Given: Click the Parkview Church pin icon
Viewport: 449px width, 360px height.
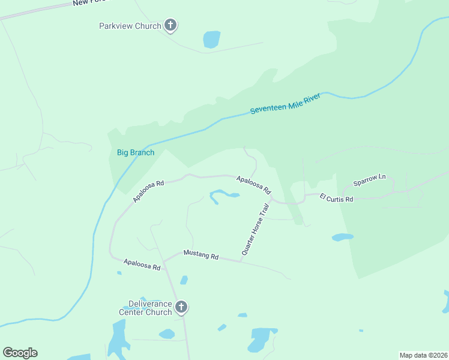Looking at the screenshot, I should click(170, 26).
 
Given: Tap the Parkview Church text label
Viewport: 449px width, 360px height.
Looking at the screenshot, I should click(130, 26).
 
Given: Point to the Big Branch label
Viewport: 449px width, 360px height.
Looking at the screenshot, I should click(135, 152).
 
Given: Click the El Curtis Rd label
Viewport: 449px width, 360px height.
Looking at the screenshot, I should click(336, 198).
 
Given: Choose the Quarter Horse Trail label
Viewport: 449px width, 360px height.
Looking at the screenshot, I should click(256, 230).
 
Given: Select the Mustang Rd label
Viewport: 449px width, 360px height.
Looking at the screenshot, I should click(201, 255).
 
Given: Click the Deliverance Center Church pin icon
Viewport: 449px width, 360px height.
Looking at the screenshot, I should click(181, 307).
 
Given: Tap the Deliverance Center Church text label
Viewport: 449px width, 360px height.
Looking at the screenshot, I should click(145, 308).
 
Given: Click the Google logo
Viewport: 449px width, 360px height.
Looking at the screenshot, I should click(20, 353).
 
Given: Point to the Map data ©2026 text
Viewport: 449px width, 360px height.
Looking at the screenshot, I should click(423, 355).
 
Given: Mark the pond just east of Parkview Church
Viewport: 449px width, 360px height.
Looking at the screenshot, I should click(211, 39).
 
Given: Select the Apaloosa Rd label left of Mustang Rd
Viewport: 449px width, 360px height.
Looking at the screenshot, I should click(142, 264).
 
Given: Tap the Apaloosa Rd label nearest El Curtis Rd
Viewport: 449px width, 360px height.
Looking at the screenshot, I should click(254, 184).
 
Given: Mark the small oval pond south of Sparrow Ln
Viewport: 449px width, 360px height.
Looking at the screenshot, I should click(342, 238).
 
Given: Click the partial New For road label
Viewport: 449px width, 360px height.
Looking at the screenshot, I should click(88, 3).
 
